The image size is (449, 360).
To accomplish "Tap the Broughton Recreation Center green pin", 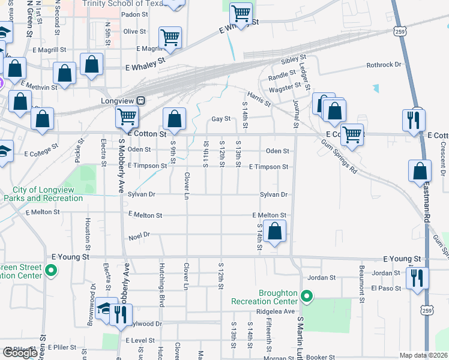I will [x=307, y=296].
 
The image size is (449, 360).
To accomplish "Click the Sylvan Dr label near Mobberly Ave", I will [x=142, y=194].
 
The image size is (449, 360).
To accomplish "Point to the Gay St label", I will [x=221, y=119].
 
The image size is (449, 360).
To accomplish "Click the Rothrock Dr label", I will [x=384, y=65].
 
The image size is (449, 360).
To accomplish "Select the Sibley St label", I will [x=294, y=61].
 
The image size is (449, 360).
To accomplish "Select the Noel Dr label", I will [x=139, y=238].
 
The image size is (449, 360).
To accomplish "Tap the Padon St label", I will [x=134, y=14].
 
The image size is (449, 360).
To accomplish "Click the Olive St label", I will [x=134, y=31].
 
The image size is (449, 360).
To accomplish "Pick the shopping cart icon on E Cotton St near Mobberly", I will [x=127, y=116].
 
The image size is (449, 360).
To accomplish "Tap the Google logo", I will [x=20, y=353].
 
